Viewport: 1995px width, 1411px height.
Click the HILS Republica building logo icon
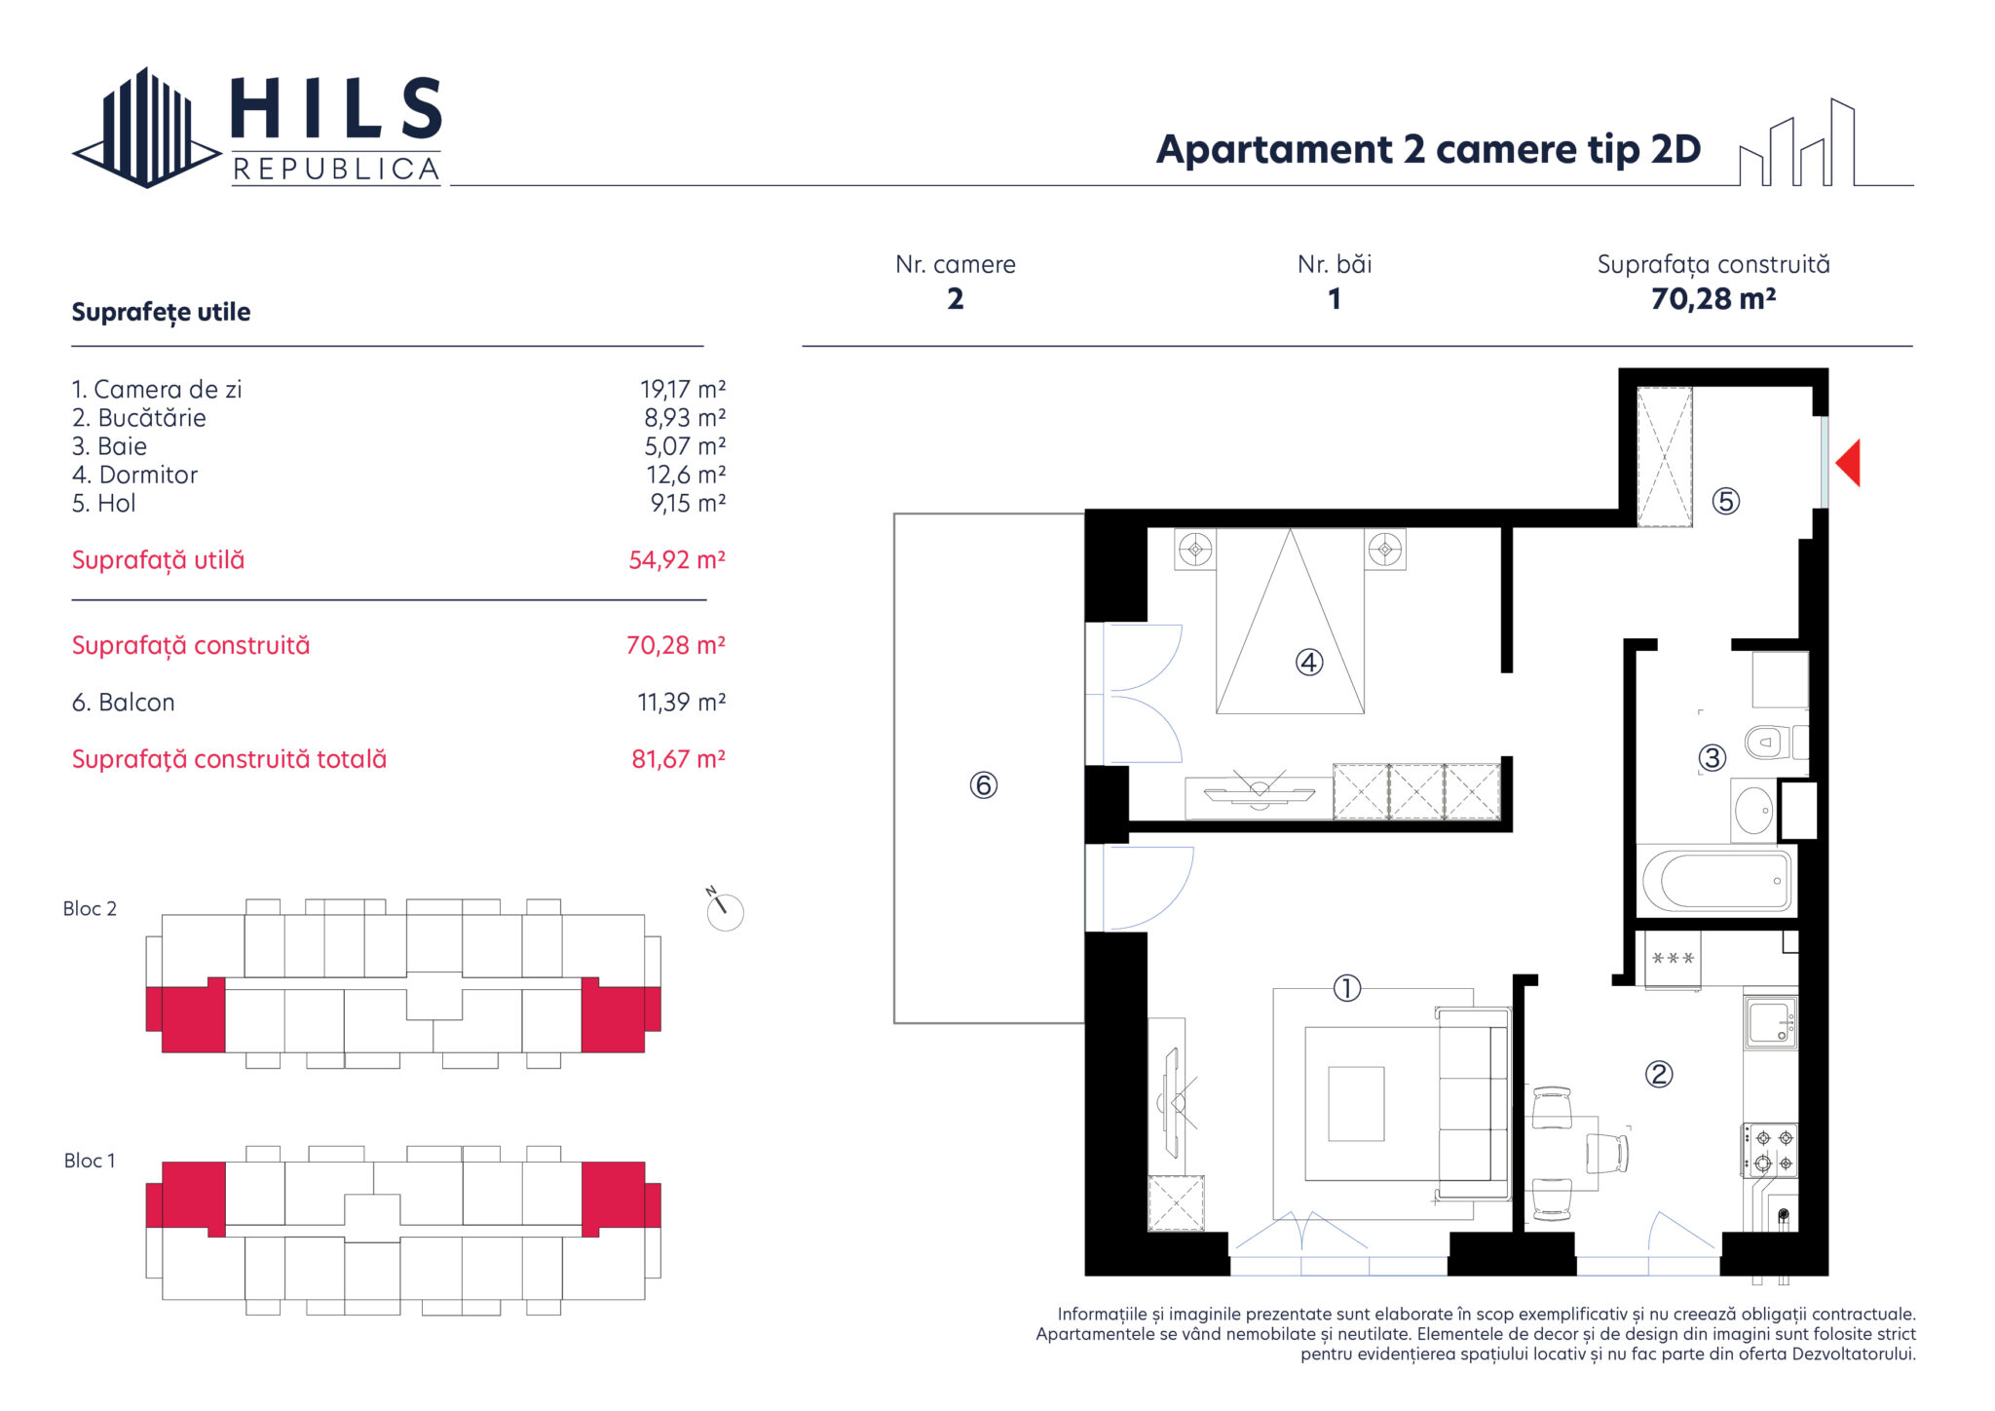146,128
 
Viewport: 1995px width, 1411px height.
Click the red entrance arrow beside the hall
1848,463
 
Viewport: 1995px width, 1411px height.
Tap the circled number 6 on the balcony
983,784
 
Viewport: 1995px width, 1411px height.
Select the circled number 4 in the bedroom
1308,663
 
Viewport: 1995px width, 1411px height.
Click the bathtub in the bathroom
1716,880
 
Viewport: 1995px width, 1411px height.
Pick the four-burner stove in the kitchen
1770,1150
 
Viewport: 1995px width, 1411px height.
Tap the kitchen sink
1770,1021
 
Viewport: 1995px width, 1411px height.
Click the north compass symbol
723,909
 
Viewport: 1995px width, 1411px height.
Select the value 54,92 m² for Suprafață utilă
677,560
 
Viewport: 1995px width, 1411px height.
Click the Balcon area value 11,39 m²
681,703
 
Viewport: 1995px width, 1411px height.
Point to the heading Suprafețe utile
161,313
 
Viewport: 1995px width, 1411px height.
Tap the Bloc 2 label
90,909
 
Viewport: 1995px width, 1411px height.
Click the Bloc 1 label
90,1161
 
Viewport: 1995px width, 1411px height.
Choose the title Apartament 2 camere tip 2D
1428,149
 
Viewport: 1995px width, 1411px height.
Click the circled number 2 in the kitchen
1658,1074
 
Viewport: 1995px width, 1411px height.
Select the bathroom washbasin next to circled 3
1753,811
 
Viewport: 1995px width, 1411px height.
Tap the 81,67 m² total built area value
678,759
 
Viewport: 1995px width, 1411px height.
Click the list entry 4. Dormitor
134,476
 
